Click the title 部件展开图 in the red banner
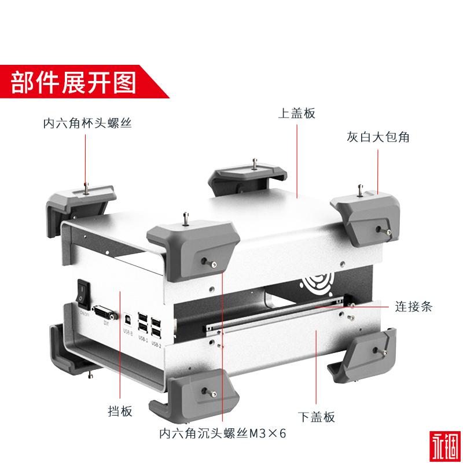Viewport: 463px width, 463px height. (x=74, y=82)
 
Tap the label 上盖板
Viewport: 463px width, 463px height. (x=296, y=113)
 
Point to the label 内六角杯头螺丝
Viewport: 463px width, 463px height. (x=84, y=123)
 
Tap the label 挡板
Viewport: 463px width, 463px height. (x=120, y=411)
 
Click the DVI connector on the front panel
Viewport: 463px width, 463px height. (x=103, y=314)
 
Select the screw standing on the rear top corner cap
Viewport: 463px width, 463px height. (x=254, y=163)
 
